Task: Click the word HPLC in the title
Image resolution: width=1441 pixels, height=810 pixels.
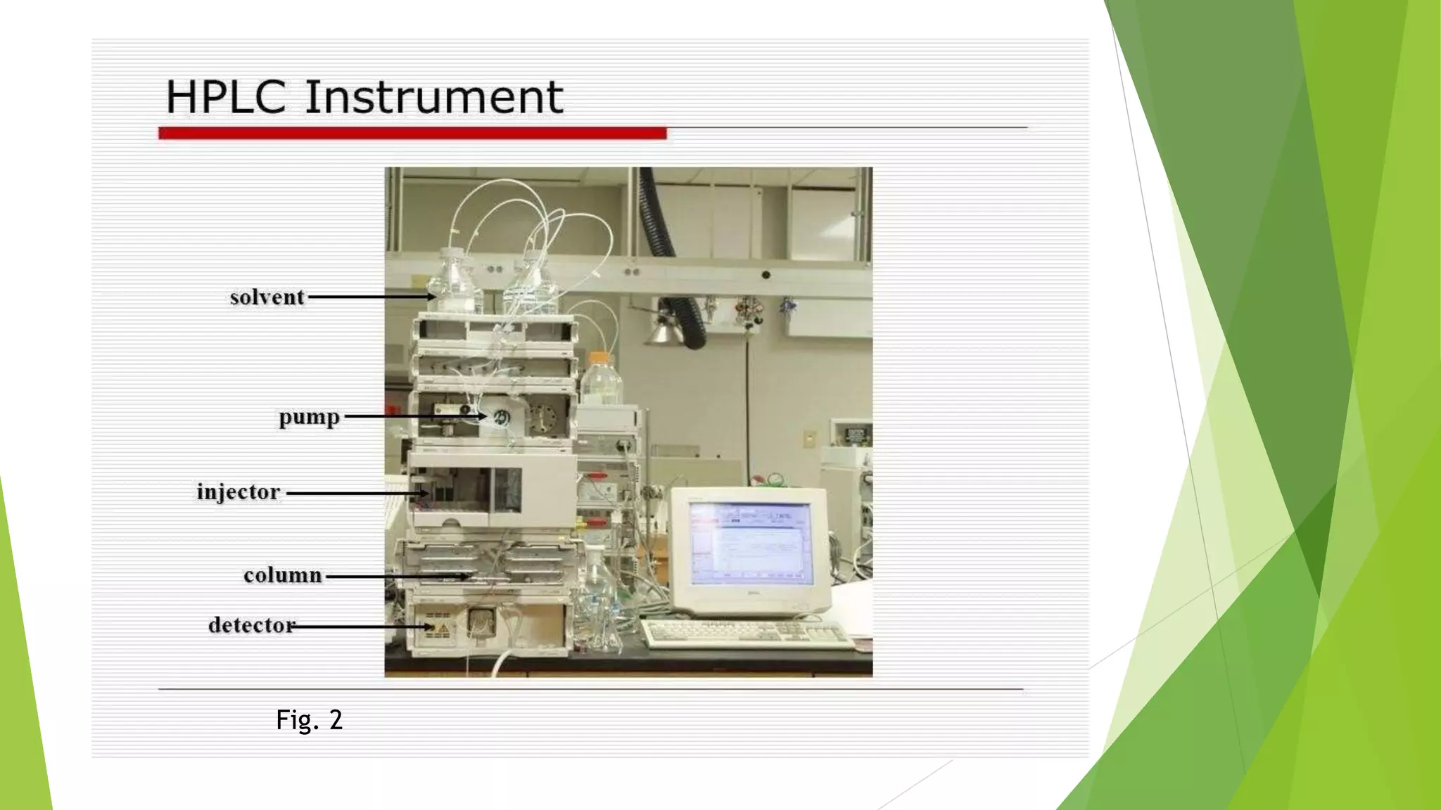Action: click(x=225, y=97)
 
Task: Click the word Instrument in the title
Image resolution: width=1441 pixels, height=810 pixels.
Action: click(x=433, y=97)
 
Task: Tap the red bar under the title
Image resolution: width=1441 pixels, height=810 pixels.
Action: click(x=412, y=133)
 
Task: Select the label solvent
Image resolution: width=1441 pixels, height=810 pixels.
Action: click(x=267, y=297)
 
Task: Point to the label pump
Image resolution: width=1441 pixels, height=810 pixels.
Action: click(x=309, y=417)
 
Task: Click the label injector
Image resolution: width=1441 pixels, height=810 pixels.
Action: click(x=238, y=492)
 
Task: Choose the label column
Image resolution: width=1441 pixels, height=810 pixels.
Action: click(x=282, y=576)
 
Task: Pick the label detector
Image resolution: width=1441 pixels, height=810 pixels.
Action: click(x=251, y=625)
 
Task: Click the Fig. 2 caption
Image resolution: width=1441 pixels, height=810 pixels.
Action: click(x=309, y=720)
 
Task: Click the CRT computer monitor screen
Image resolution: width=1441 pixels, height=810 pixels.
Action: click(x=750, y=544)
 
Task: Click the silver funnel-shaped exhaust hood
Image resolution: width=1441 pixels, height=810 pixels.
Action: click(x=664, y=330)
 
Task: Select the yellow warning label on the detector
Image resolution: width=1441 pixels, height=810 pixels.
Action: click(x=443, y=626)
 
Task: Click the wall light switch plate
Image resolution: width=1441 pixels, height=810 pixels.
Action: click(x=811, y=438)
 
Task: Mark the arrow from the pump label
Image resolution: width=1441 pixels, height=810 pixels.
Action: click(x=415, y=416)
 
